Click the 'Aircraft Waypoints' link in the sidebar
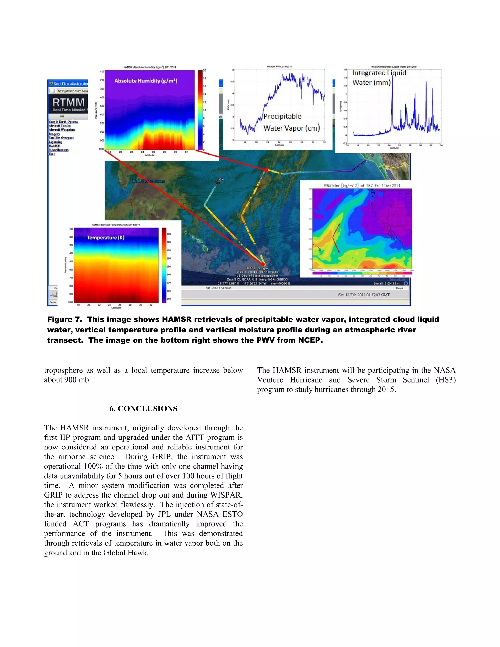point(62,130)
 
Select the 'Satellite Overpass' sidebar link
point(61,138)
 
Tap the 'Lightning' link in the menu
point(55,142)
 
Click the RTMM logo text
point(68,103)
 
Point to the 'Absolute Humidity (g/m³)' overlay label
point(146,81)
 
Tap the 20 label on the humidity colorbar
point(204,71)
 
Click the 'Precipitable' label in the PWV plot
point(282,116)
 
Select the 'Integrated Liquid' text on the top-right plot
point(379,73)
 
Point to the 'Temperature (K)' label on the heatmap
point(105,238)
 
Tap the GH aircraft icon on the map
point(219,182)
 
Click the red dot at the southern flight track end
point(263,264)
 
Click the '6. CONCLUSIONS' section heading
point(143,409)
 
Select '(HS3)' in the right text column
point(446,380)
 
